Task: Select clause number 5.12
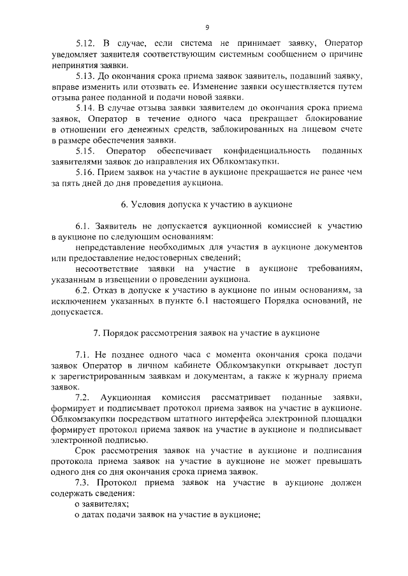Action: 85,43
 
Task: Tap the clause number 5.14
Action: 85,109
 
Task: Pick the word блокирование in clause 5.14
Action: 336,120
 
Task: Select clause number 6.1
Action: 82,228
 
